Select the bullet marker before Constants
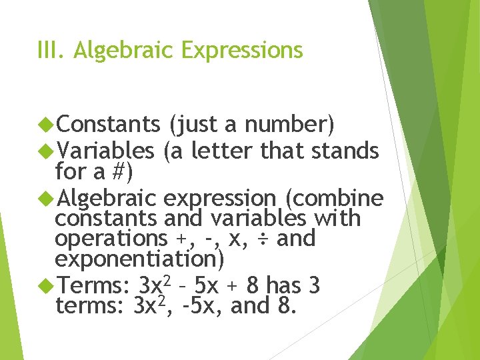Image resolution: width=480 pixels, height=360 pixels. pyautogui.click(x=46, y=124)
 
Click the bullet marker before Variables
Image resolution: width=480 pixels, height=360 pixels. pyautogui.click(x=46, y=151)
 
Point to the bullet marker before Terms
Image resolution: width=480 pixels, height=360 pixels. pyautogui.click(x=46, y=287)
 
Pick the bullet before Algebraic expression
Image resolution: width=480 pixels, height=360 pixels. pyautogui.click(x=46, y=198)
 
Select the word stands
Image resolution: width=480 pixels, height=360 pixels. pyautogui.click(x=346, y=151)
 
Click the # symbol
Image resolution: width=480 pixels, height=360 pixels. pyautogui.click(x=119, y=172)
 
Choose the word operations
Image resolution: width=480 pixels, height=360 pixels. pyautogui.click(x=111, y=239)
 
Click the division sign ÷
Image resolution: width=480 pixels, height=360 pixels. pyautogui.click(x=263, y=239)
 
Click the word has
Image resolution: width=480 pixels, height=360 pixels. pyautogui.click(x=283, y=287)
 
